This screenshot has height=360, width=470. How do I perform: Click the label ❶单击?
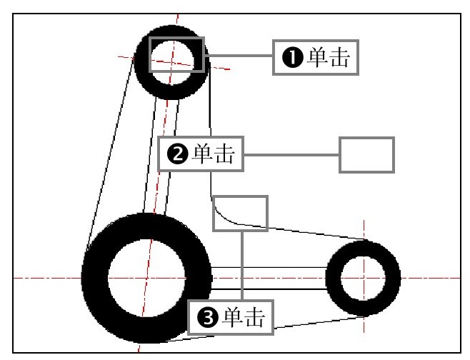[315, 57]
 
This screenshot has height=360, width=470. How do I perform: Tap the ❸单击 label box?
[231, 317]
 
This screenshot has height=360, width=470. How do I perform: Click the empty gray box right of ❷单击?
[366, 154]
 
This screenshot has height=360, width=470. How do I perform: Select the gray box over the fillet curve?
[240, 214]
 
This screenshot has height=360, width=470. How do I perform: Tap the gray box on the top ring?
[176, 54]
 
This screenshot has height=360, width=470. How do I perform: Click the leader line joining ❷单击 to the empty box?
[291, 154]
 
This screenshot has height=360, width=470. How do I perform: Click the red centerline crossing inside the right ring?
[364, 277]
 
